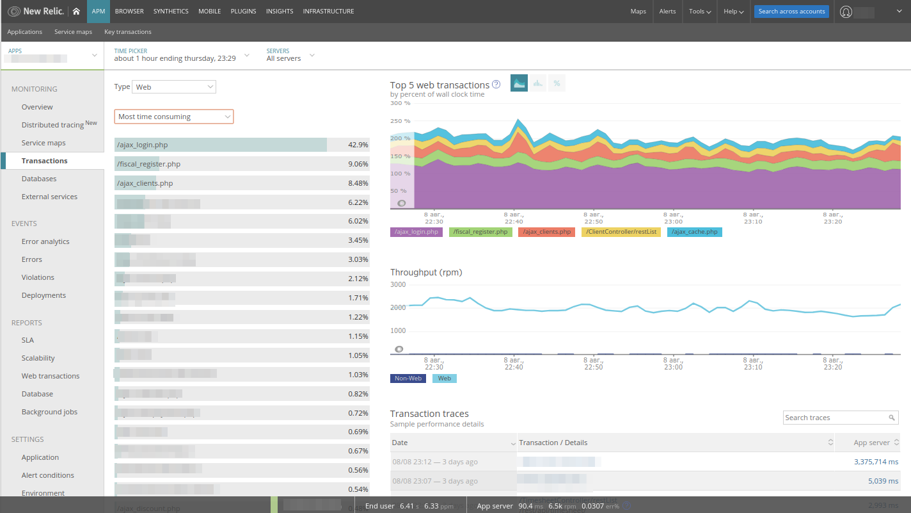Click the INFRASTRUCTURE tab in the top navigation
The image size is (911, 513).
coord(328,12)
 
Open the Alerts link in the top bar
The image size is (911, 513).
coord(667,12)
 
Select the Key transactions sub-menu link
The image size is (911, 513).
coord(128,32)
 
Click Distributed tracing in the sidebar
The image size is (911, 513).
coord(52,125)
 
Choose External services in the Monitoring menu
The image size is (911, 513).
coord(49,197)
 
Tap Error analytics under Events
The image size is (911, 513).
coord(45,241)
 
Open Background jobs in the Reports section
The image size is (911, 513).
coord(49,412)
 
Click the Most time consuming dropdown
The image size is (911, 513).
coord(173,117)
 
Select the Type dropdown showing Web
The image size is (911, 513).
coord(174,87)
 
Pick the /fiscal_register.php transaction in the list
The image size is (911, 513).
coord(148,164)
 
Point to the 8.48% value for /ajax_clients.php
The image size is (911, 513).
coord(358,183)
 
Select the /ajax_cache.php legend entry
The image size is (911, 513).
coord(694,232)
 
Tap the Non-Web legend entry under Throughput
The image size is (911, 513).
coord(408,379)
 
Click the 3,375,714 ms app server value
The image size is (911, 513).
coord(876,462)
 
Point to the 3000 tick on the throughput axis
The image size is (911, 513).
coord(398,284)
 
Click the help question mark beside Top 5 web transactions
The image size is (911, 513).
coord(496,85)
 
